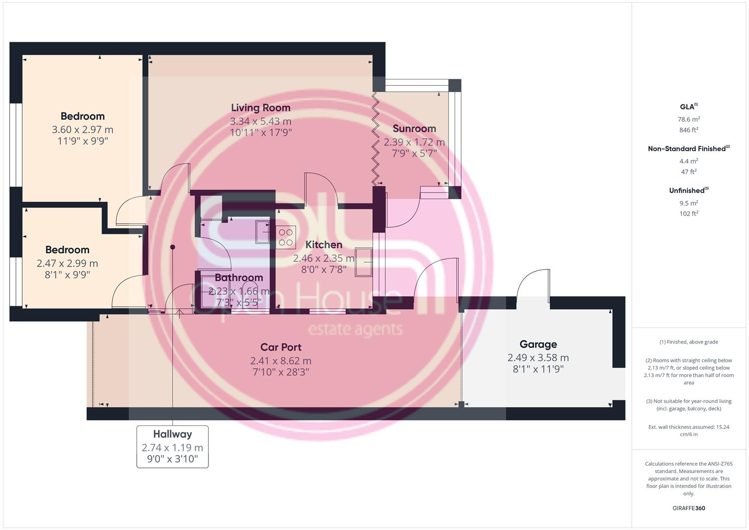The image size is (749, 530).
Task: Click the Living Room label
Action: pos(260,108)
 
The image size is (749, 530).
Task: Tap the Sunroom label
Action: pos(414,129)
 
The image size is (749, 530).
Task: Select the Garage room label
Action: pos(538,344)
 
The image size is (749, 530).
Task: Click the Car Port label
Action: pos(281,347)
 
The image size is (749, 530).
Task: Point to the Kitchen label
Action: pos(324,245)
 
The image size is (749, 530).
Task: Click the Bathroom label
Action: pos(239,278)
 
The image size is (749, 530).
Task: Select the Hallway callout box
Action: pos(172,447)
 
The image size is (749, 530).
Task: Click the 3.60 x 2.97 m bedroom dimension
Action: pos(82,130)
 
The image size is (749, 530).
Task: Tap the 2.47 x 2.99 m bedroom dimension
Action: pos(67,264)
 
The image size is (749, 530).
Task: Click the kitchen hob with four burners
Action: pos(285,237)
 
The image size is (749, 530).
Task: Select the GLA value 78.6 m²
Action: pos(689,119)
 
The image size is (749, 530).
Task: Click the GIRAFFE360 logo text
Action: pos(689,508)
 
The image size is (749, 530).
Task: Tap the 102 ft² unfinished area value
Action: pos(689,213)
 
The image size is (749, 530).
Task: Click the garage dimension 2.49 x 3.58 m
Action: pos(538,358)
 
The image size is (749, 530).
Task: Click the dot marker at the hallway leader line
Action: pos(173,247)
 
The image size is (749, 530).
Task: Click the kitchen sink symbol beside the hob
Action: pos(262,232)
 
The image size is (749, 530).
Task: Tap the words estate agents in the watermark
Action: pos(355,329)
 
